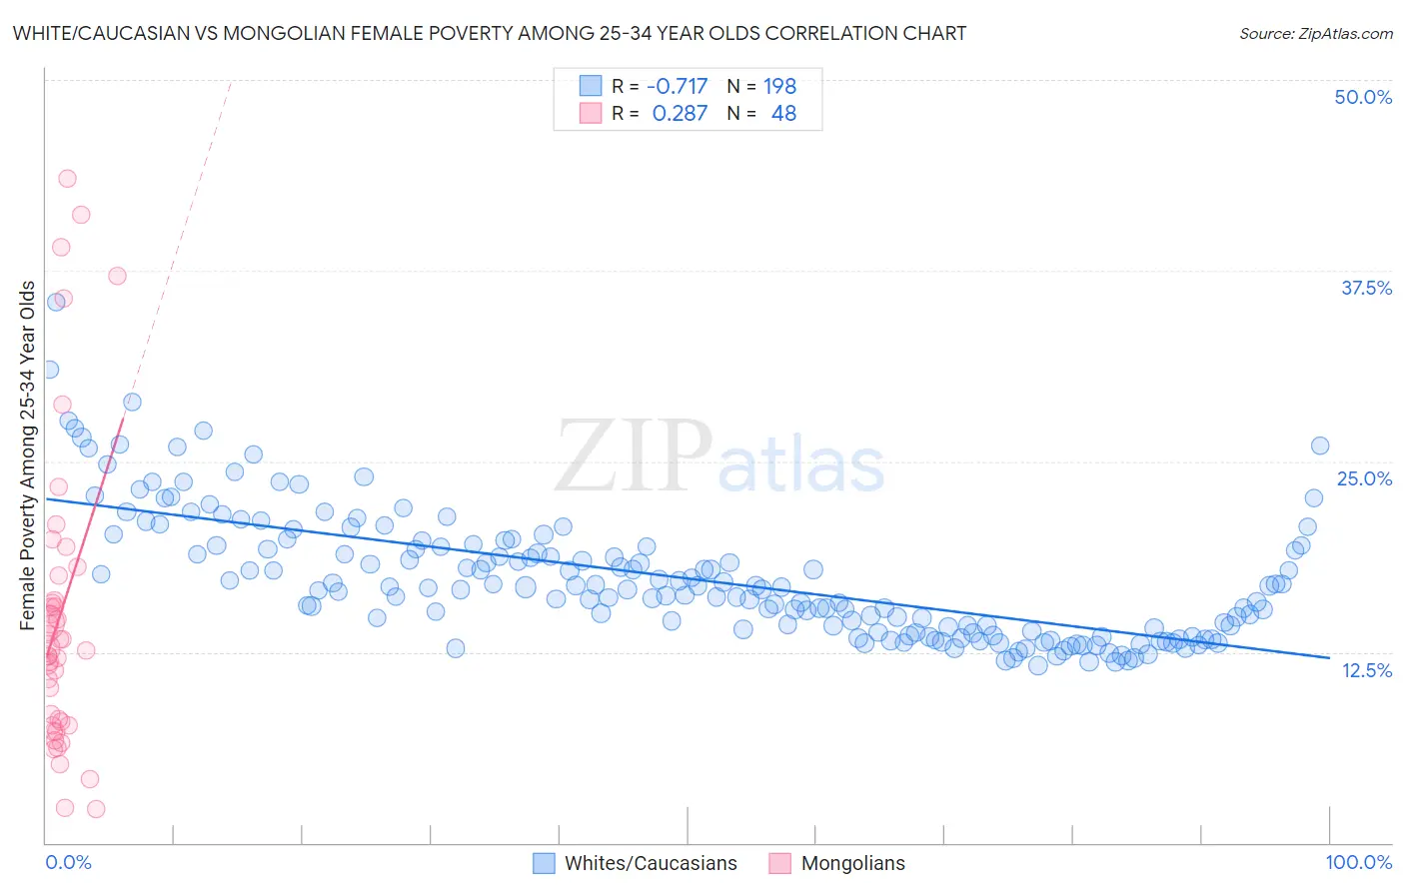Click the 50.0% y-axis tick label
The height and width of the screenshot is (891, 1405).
coord(1363,97)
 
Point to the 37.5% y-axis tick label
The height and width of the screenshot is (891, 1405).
coord(1366,288)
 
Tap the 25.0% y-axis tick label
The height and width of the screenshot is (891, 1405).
coord(1364,478)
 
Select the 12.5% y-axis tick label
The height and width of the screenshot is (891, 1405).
coord(1366,670)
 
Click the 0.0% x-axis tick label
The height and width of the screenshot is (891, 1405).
coord(68,862)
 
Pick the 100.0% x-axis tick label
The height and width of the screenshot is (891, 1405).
coord(1358,862)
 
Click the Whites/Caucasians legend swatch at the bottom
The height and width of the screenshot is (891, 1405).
coord(544,863)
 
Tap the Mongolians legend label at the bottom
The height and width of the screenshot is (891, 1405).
coord(852,863)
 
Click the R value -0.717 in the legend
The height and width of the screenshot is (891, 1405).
coord(677,86)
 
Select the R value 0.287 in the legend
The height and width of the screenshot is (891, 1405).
coord(680,113)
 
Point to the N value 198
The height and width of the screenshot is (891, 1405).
coord(779,86)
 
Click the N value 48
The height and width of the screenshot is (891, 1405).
coord(783,113)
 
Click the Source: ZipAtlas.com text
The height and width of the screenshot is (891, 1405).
coord(1315,33)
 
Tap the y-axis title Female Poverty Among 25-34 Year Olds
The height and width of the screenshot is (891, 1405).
coord(28,455)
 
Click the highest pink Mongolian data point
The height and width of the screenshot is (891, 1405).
coord(67,179)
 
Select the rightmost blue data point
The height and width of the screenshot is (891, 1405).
coord(1319,445)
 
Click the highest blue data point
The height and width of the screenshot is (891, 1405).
coord(56,302)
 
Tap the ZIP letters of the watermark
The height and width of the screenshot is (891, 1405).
coord(633,455)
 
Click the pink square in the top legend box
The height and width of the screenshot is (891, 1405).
coord(591,113)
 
